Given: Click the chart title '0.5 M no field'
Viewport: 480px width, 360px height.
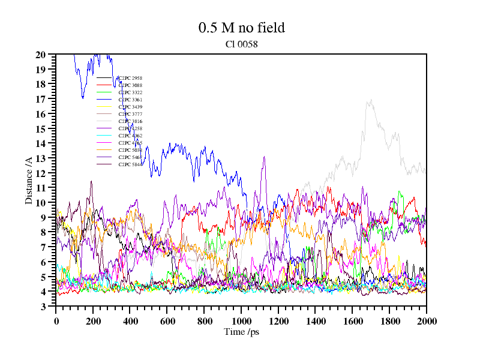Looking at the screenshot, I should click(x=241, y=28).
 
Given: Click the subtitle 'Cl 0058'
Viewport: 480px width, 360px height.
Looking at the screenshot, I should click(x=241, y=44).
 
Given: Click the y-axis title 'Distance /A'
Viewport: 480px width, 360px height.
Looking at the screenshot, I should click(x=29, y=179).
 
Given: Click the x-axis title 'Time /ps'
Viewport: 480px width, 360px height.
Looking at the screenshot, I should click(x=241, y=332).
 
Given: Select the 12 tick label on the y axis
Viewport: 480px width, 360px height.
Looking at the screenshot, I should click(x=41, y=173).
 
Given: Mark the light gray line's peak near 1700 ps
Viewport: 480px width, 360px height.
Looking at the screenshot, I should click(x=371, y=100).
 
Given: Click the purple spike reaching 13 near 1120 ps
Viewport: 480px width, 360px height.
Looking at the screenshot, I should click(x=264, y=157).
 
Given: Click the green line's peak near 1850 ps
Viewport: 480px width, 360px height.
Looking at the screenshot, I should click(x=400, y=192).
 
